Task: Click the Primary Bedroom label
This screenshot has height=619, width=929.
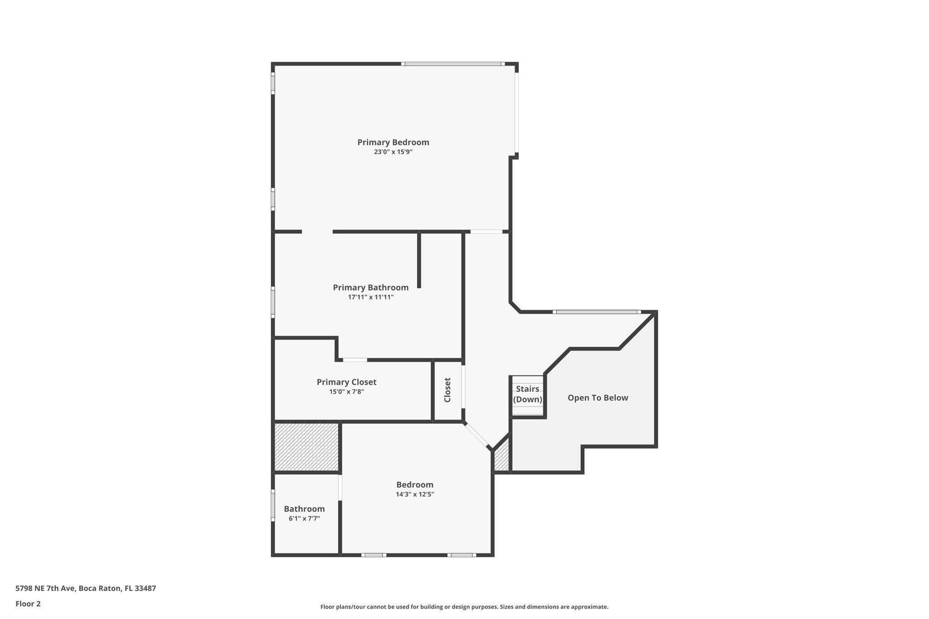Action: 393,142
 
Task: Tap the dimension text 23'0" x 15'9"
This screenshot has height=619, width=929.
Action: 393,152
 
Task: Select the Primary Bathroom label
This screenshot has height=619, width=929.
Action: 371,288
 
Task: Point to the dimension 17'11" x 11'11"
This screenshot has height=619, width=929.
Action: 371,297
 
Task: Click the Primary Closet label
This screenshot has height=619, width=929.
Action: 347,382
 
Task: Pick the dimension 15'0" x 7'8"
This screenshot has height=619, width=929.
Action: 347,392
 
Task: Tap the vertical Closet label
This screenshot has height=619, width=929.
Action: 447,390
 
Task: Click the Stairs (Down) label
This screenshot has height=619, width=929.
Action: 528,394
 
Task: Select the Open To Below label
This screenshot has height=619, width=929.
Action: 597,398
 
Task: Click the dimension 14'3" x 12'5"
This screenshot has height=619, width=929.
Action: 415,494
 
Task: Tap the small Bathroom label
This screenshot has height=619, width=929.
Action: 304,509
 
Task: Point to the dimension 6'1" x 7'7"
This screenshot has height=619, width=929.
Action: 304,518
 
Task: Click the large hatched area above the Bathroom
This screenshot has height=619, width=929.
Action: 307,447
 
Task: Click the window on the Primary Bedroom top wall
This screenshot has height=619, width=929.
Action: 453,64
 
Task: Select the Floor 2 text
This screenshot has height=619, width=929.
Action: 28,604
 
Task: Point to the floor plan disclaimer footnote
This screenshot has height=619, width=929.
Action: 464,607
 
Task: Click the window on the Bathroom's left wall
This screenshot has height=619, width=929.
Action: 273,505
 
